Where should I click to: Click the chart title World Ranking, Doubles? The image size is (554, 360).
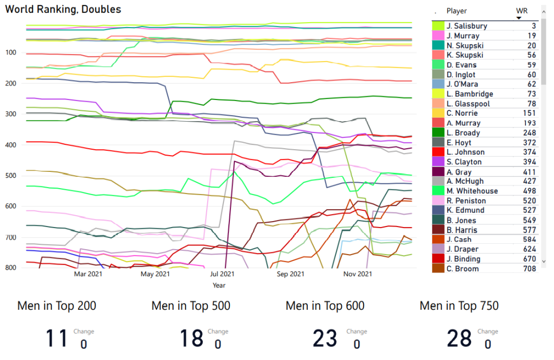point(63,10)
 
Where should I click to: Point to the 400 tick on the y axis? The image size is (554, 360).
point(12,145)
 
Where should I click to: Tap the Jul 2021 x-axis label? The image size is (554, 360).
point(222,274)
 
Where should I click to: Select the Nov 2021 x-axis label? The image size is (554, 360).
point(358,274)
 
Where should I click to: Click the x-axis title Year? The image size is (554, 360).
point(219,285)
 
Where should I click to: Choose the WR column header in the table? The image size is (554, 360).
point(522,11)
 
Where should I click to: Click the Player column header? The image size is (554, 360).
point(457,11)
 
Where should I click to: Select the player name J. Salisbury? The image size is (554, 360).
point(467,26)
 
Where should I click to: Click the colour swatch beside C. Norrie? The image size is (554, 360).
point(438,114)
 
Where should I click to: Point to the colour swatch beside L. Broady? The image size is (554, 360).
point(438,133)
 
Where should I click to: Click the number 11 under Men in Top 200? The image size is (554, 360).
point(56,338)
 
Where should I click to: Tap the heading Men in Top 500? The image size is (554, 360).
point(191,306)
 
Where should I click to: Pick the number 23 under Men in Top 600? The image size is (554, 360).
point(325,338)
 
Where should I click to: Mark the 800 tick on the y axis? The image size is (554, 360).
point(12,268)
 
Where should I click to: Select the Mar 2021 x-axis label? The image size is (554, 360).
point(88,274)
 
